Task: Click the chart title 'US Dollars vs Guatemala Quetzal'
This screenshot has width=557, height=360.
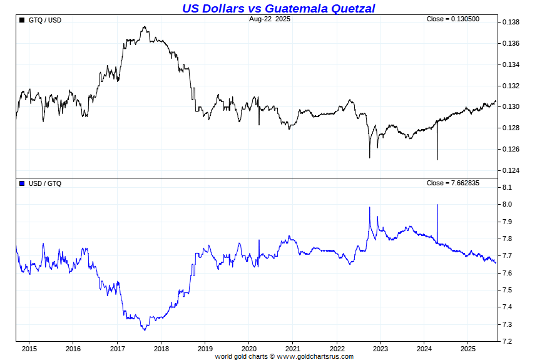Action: point(278,8)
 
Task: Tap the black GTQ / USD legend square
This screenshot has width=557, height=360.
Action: point(23,20)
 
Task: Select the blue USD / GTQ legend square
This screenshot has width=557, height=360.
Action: point(23,183)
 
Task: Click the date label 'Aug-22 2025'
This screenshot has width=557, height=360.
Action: point(270,19)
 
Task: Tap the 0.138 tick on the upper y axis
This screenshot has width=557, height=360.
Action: point(511,23)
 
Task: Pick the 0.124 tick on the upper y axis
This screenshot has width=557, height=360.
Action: point(511,170)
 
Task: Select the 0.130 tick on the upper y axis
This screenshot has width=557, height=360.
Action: point(511,106)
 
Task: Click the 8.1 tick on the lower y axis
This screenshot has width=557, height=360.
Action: point(508,188)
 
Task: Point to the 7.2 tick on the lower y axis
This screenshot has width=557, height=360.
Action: point(508,341)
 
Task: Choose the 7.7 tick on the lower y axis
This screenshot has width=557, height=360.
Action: point(508,256)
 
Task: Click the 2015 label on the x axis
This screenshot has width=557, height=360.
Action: point(29,348)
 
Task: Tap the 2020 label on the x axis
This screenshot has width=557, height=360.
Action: point(249,348)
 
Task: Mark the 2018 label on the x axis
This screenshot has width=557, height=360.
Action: point(161,348)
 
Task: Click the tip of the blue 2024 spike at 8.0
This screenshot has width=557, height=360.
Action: point(437,205)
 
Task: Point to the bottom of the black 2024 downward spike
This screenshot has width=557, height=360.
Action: point(437,160)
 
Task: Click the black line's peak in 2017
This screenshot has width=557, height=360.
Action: point(145,27)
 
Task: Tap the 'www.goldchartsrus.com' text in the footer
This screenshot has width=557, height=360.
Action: point(315,356)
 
